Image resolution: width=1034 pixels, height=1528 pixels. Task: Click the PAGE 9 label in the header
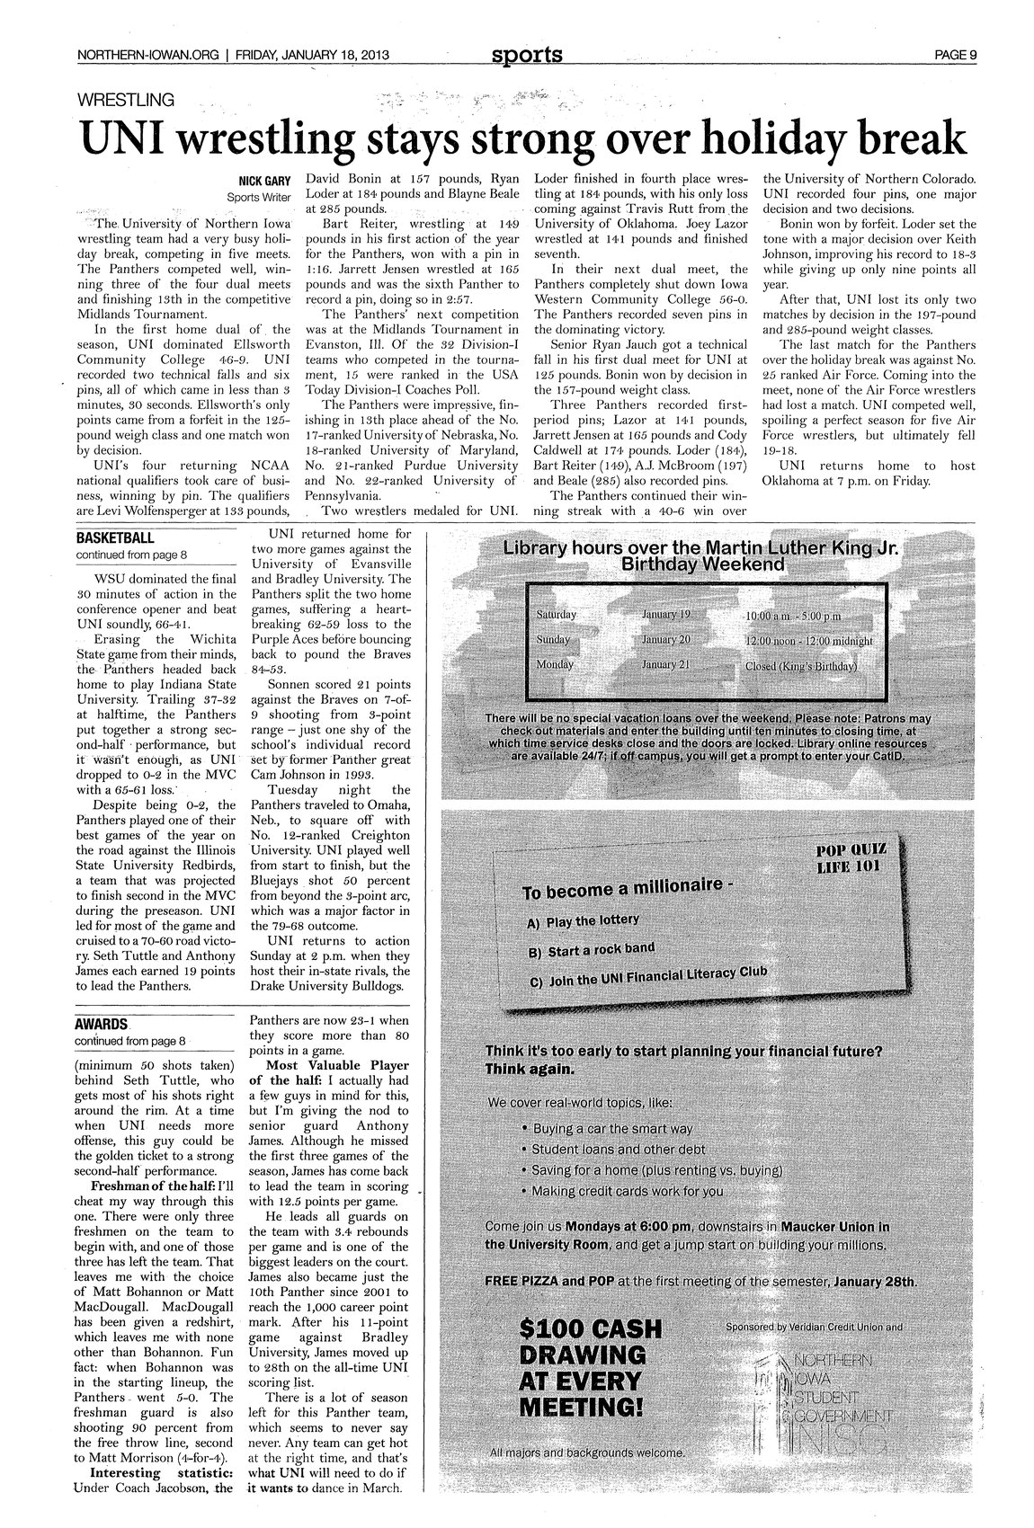pyautogui.click(x=955, y=55)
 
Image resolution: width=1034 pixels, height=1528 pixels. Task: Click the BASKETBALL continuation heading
pyautogui.click(x=115, y=538)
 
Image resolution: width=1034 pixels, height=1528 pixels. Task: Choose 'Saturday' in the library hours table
pyautogui.click(x=555, y=614)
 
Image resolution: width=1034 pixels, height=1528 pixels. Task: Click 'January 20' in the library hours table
pyautogui.click(x=666, y=639)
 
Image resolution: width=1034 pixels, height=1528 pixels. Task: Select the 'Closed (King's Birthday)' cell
pyautogui.click(x=802, y=667)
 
